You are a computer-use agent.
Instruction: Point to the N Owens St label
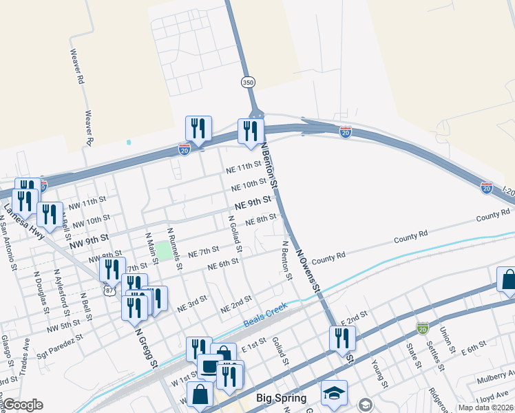click(x=309, y=271)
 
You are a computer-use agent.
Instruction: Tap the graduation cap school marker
click(x=334, y=392)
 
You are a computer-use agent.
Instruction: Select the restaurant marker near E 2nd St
click(x=342, y=338)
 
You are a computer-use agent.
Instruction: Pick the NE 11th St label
click(x=244, y=168)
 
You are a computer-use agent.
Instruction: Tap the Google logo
click(x=23, y=405)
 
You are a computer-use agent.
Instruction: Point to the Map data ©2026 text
click(x=485, y=407)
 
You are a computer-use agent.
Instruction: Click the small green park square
click(x=163, y=251)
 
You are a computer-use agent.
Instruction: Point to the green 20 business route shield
click(x=422, y=326)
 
